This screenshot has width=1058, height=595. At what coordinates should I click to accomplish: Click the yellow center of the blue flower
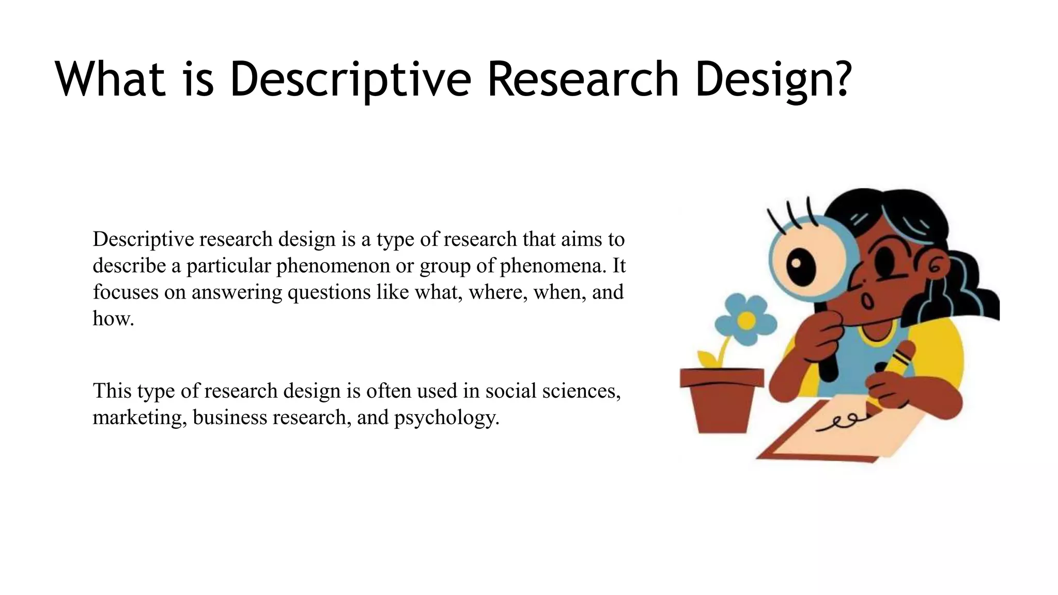coord(746,321)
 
